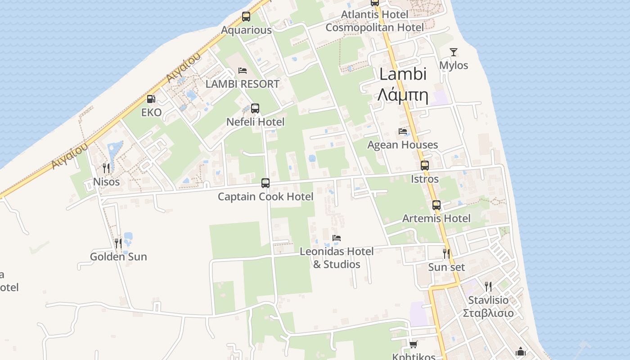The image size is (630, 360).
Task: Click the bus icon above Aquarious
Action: tap(246, 17)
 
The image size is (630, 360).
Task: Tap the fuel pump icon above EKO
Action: tap(151, 99)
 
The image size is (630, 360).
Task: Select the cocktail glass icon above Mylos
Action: tap(454, 52)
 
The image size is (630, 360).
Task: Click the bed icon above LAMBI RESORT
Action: tap(243, 71)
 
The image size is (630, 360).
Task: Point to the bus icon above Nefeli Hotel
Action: tap(255, 108)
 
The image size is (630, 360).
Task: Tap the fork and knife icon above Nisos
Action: tap(106, 168)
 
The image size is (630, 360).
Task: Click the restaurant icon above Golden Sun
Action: tap(118, 243)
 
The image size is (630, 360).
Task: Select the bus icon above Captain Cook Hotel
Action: tap(265, 183)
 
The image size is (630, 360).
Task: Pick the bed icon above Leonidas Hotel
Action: tap(337, 238)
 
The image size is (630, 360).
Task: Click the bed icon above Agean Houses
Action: tap(403, 131)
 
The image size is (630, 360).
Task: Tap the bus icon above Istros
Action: tap(425, 166)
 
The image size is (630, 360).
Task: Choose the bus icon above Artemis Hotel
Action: tap(436, 205)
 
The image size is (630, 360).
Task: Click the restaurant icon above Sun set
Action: tap(446, 254)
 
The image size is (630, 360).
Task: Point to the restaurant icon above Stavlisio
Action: tap(488, 286)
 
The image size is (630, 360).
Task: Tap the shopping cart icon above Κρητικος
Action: tap(414, 344)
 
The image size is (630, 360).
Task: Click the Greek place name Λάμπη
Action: tap(402, 95)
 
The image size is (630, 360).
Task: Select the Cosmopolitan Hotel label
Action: tap(374, 27)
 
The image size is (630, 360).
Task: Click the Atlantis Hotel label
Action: tap(374, 14)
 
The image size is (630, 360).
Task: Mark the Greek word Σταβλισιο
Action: tap(488, 313)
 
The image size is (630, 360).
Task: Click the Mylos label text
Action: tap(454, 65)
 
